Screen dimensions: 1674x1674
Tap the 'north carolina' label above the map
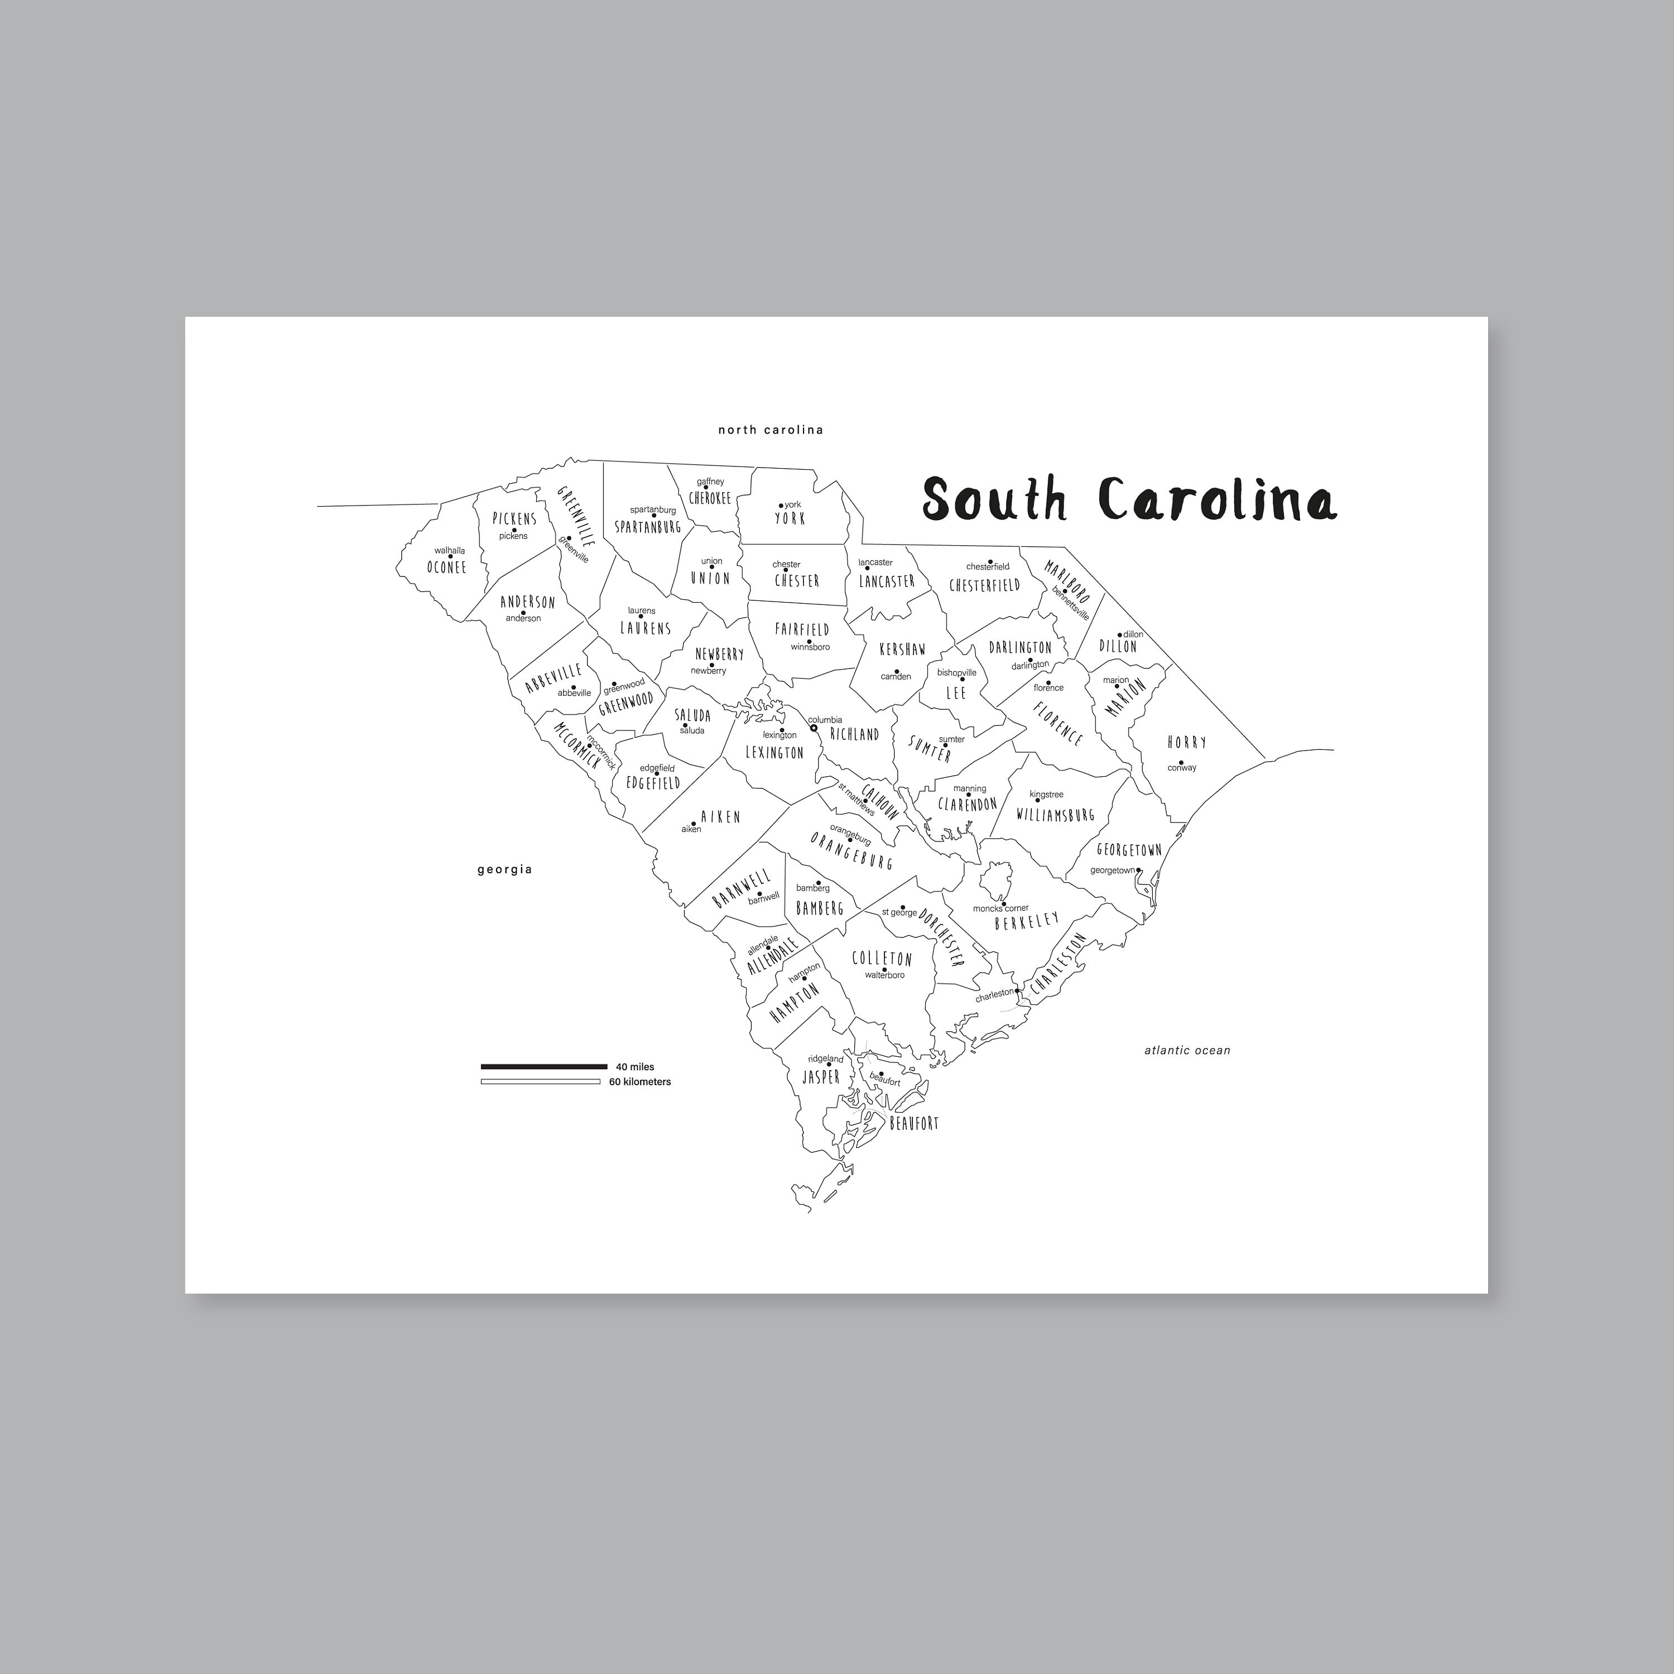(770, 430)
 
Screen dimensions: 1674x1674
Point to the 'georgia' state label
(504, 869)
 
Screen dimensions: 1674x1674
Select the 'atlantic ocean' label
(1186, 1050)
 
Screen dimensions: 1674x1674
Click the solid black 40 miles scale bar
(543, 1066)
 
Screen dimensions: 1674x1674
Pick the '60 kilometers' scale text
(639, 1082)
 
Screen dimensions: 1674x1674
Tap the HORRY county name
(1186, 742)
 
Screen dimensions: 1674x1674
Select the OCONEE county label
(446, 567)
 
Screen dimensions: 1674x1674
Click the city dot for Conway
(1181, 762)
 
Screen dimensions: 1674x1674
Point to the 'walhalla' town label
(450, 550)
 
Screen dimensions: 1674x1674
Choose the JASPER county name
(820, 1077)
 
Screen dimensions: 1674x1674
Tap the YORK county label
(790, 519)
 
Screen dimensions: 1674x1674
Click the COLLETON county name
(882, 958)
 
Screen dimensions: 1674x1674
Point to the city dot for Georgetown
(1138, 871)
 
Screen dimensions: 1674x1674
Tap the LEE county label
(956, 693)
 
